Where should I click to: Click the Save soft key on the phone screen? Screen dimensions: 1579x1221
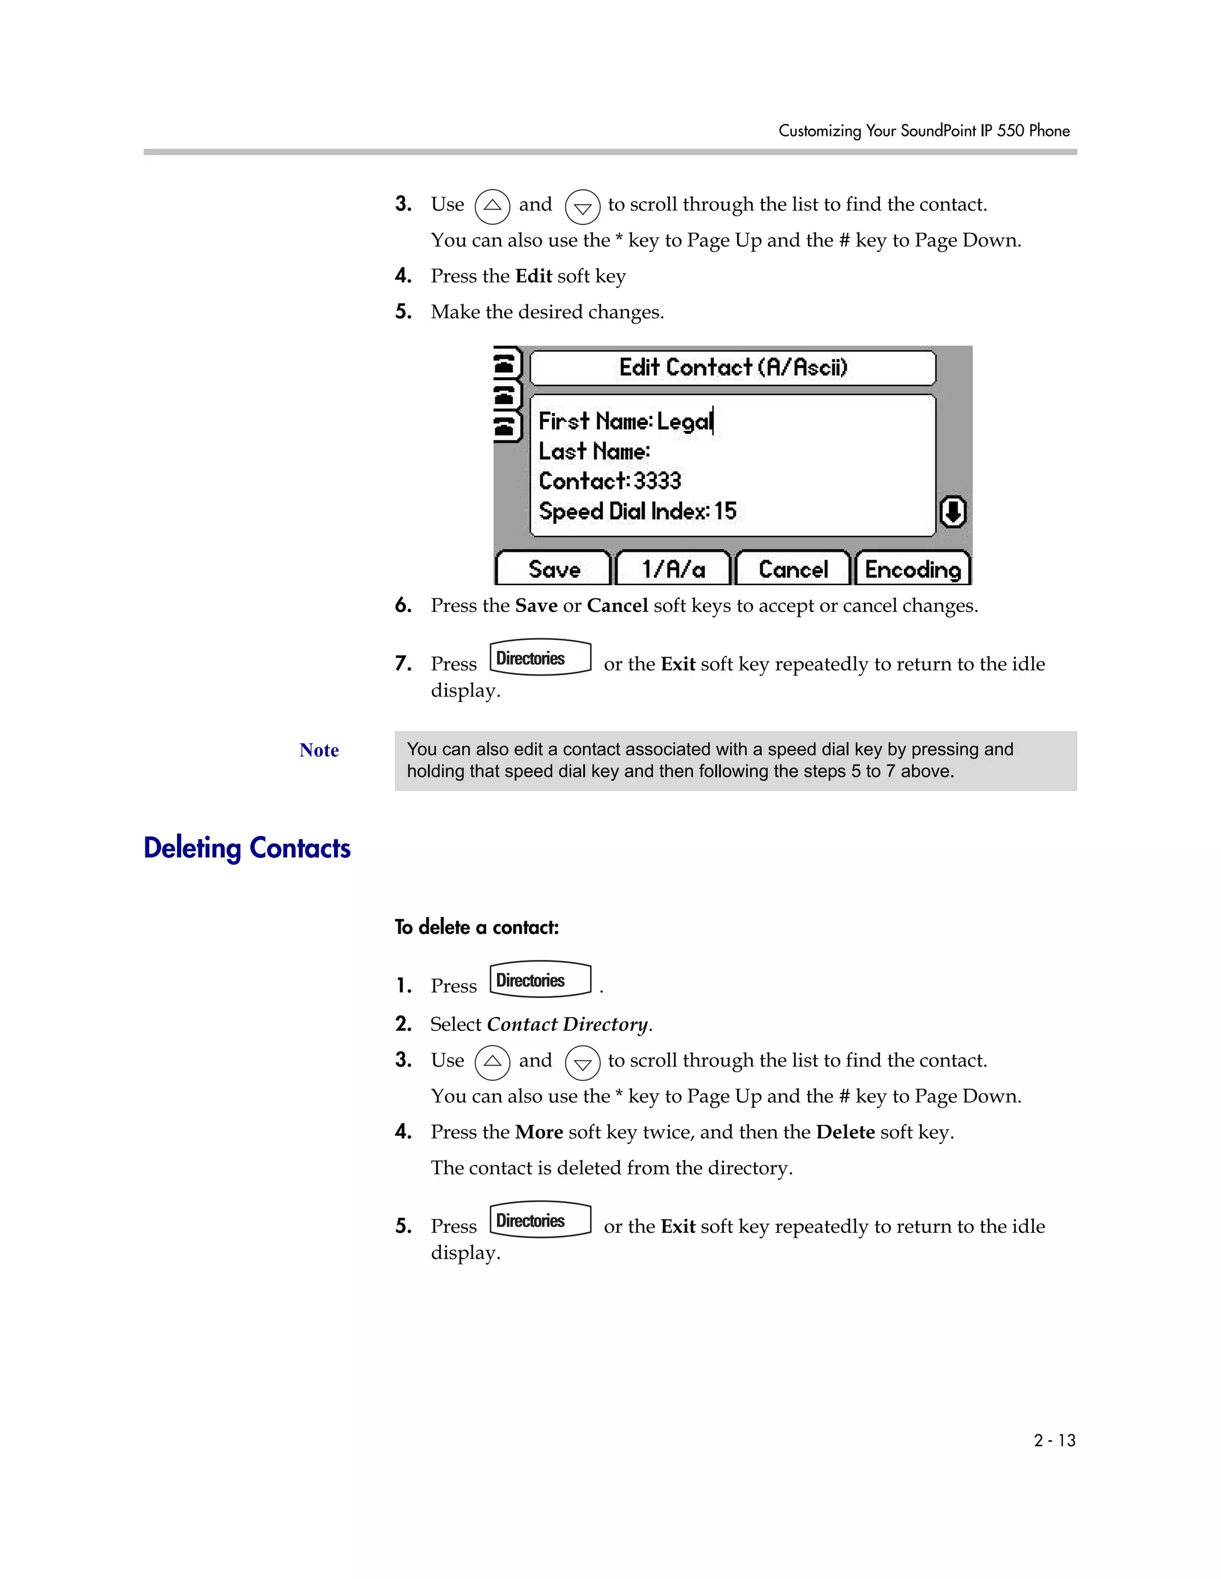(x=554, y=569)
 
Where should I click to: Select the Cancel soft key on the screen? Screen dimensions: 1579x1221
(x=793, y=569)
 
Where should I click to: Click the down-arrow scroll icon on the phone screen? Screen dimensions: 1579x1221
(x=953, y=512)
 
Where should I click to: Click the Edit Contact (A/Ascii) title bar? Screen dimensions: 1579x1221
(x=732, y=367)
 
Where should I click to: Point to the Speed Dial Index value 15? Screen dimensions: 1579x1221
(x=725, y=511)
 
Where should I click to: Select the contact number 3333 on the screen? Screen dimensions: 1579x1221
(x=657, y=481)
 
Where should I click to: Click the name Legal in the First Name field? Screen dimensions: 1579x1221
(x=684, y=421)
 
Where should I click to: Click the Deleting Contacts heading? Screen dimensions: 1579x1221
(x=247, y=847)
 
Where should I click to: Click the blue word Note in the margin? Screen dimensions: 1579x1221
(x=319, y=750)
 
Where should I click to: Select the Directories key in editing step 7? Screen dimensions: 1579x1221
(x=540, y=658)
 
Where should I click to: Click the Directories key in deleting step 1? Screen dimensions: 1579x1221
(x=540, y=980)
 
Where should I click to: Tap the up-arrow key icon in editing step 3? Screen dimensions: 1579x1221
(x=492, y=206)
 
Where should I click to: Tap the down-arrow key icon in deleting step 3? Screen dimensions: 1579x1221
(x=582, y=1064)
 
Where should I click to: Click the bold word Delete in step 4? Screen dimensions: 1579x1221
(x=845, y=1132)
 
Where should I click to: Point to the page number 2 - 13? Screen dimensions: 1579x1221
(x=1054, y=1440)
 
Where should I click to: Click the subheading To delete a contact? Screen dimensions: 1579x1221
(x=477, y=927)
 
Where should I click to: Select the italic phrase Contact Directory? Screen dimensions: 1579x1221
(x=567, y=1024)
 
